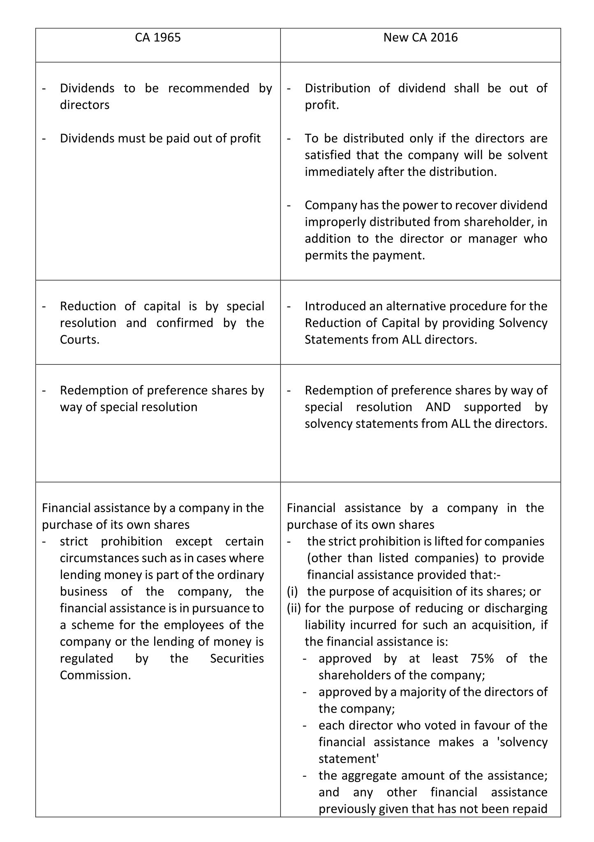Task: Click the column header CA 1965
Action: click(x=158, y=38)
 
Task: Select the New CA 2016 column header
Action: click(x=420, y=38)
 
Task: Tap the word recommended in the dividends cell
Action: click(x=208, y=88)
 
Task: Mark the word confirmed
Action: click(x=185, y=323)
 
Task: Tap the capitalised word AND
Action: click(x=438, y=407)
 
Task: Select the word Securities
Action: click(x=237, y=658)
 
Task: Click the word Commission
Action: click(x=95, y=675)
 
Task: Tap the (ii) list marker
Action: click(x=294, y=608)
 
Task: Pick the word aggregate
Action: click(x=368, y=775)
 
